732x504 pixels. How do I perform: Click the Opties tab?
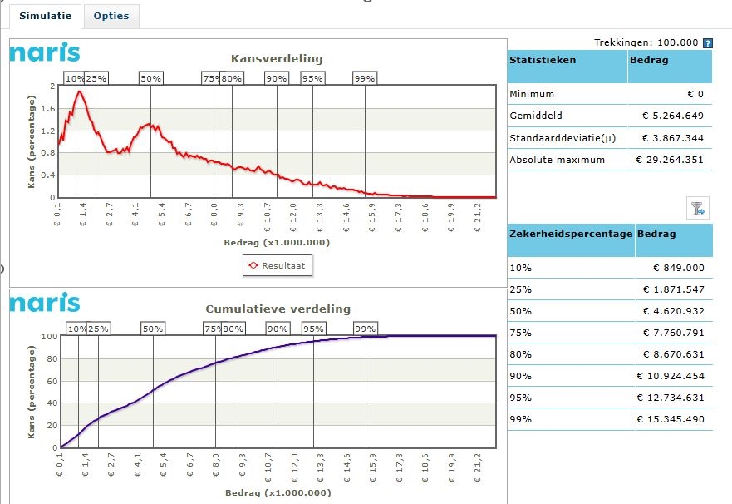coord(111,17)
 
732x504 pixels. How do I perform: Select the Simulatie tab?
coord(46,17)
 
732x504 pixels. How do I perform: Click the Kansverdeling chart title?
coord(276,58)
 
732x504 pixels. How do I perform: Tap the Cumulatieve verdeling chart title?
coord(278,309)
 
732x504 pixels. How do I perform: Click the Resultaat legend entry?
coord(278,266)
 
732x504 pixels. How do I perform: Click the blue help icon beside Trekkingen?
coord(708,42)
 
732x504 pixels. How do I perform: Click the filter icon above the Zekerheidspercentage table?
coord(697,208)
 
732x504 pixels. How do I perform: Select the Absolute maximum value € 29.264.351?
coord(670,160)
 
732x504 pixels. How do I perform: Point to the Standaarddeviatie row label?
coord(557,138)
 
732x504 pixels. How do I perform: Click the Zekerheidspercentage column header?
coord(570,234)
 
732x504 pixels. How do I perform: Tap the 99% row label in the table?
coord(521,419)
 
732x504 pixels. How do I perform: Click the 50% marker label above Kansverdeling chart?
coord(151,78)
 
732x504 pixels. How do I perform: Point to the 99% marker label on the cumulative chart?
coord(365,329)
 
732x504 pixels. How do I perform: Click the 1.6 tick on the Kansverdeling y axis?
coord(48,108)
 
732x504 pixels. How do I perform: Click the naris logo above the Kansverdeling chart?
coord(45,53)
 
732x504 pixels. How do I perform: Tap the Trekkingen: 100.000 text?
coord(646,42)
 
